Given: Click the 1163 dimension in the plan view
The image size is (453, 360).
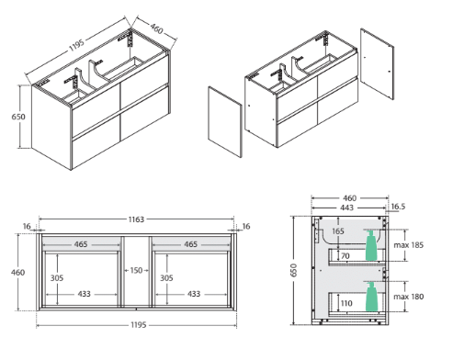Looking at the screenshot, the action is click(x=136, y=219).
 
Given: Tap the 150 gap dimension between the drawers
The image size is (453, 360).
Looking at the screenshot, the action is click(x=136, y=270).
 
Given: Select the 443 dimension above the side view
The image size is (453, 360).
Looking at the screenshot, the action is click(x=346, y=208).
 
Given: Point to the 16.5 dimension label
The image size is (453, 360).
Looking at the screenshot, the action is click(x=398, y=207).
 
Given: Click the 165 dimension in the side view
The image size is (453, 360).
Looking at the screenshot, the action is click(x=338, y=231).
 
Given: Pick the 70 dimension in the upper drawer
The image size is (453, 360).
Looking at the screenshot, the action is click(x=345, y=255).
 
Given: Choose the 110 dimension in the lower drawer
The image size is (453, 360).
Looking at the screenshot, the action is click(x=346, y=303).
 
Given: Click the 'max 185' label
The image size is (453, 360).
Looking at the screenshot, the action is click(x=409, y=245).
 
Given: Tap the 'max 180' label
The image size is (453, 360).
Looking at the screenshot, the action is click(x=409, y=297).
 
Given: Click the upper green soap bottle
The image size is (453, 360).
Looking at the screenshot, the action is click(x=371, y=246).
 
